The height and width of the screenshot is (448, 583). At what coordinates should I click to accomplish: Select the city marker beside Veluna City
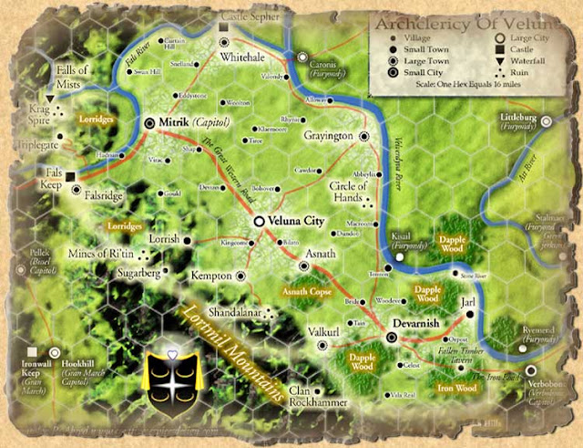[x=260, y=221]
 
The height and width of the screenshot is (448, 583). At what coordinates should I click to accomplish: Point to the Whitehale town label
[x=242, y=57]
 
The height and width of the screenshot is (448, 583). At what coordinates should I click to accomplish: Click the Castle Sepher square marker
[x=224, y=29]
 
